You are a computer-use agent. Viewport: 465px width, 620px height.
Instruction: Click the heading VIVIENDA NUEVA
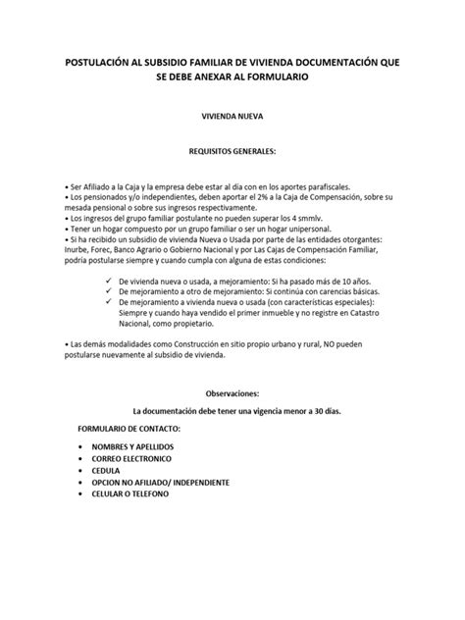coord(232,116)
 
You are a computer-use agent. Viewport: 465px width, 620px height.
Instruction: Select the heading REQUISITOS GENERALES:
coord(232,153)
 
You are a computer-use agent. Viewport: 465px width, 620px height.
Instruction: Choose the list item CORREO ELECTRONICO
coord(130,458)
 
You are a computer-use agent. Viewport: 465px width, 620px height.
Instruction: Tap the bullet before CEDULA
coord(78,471)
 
